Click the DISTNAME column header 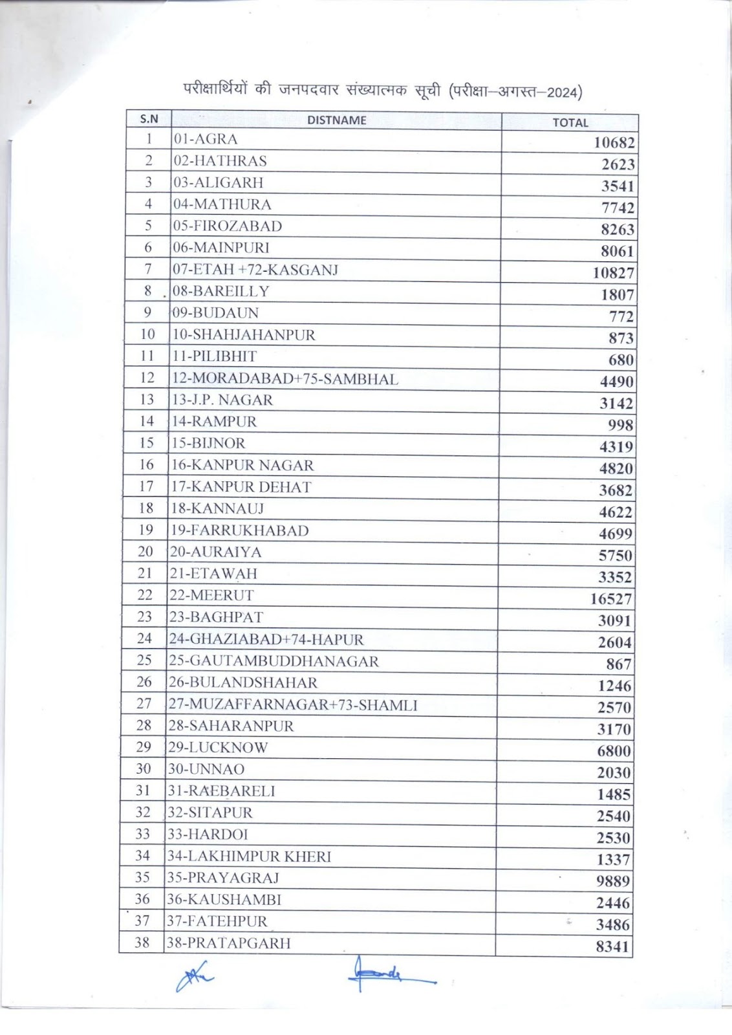pyautogui.click(x=336, y=120)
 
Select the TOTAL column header pyautogui.click(x=570, y=122)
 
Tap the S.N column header pyautogui.click(x=149, y=119)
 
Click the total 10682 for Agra pyautogui.click(x=614, y=142)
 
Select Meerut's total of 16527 pyautogui.click(x=610, y=599)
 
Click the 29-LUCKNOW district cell pyautogui.click(x=218, y=748)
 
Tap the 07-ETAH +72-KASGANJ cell pyautogui.click(x=255, y=269)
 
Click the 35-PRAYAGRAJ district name pyautogui.click(x=223, y=878)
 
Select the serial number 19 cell pyautogui.click(x=146, y=530)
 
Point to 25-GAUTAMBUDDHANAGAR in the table pyautogui.click(x=274, y=661)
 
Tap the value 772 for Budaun pyautogui.click(x=621, y=316)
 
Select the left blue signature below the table pyautogui.click(x=194, y=979)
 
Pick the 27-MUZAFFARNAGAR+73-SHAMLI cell pyautogui.click(x=292, y=704)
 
